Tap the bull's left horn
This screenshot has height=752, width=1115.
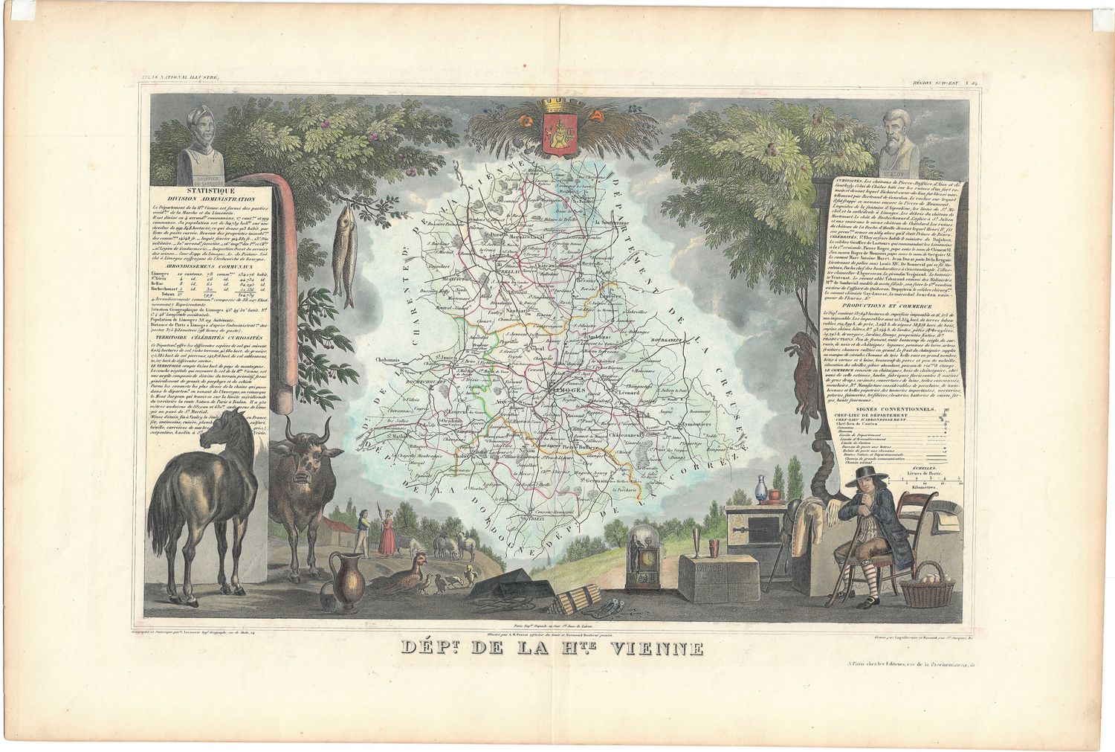(326, 429)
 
